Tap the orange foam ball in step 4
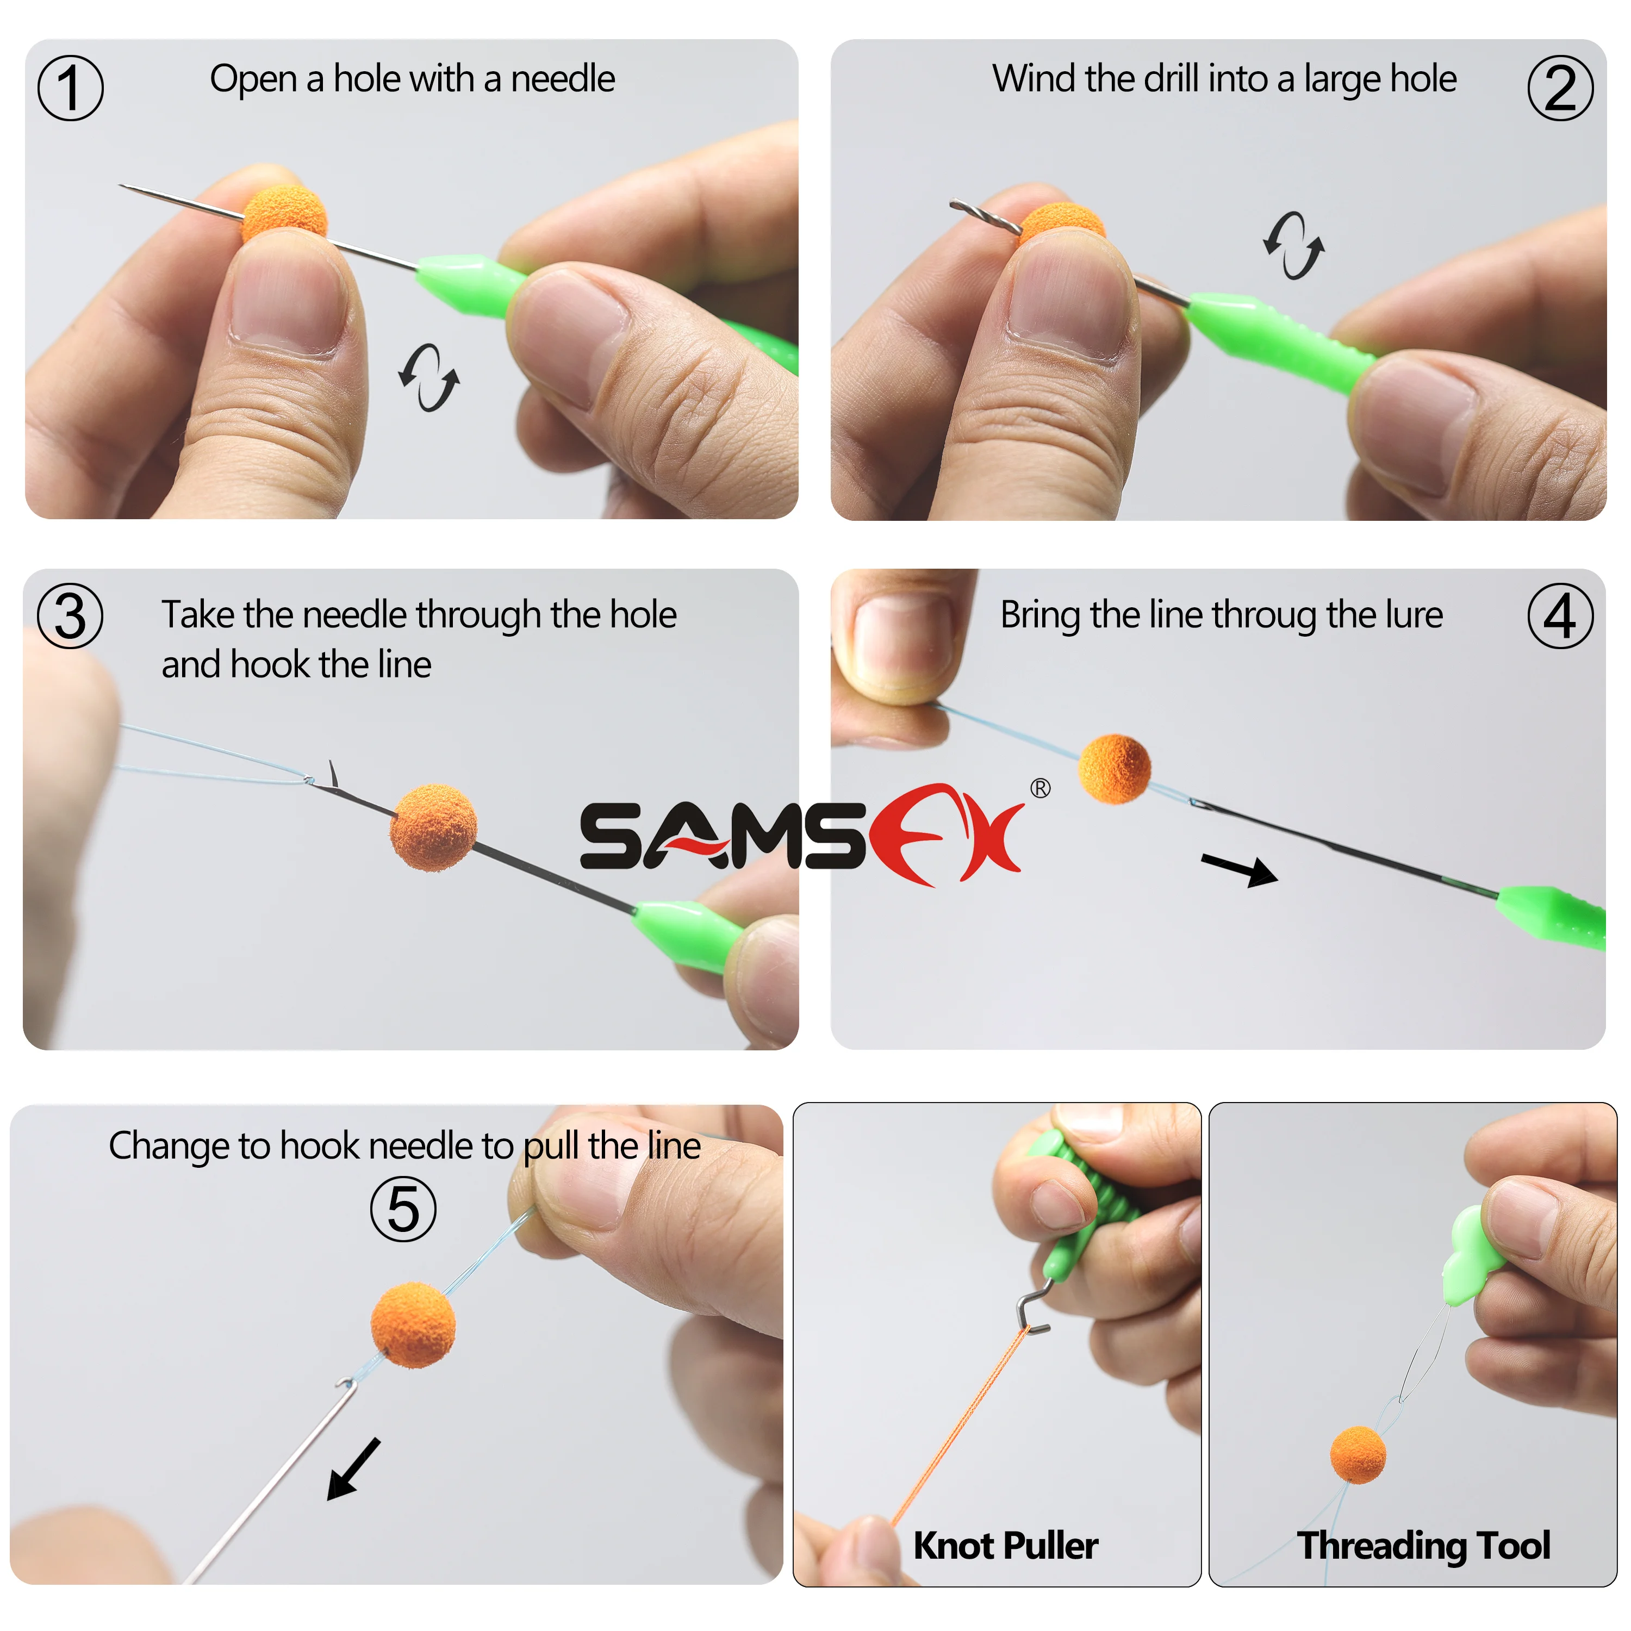point(1115,768)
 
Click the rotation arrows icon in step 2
point(1293,245)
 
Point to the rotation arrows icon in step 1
point(429,377)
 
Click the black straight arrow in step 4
point(1240,869)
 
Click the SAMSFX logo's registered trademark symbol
point(1040,788)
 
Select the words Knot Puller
point(1005,1545)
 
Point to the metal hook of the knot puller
point(1032,1310)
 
